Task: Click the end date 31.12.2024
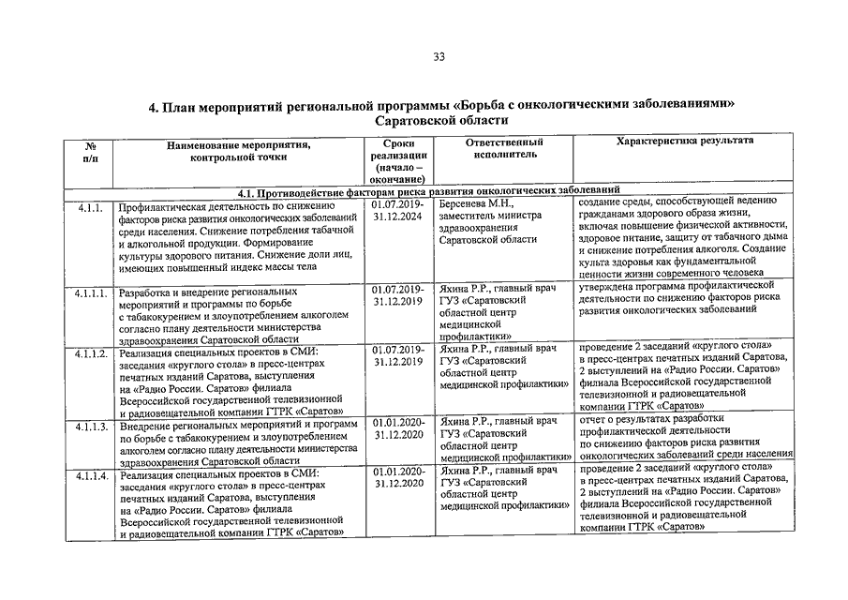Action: pos(398,216)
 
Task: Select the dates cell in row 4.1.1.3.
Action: pos(398,428)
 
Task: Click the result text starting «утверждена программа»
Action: pos(677,296)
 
